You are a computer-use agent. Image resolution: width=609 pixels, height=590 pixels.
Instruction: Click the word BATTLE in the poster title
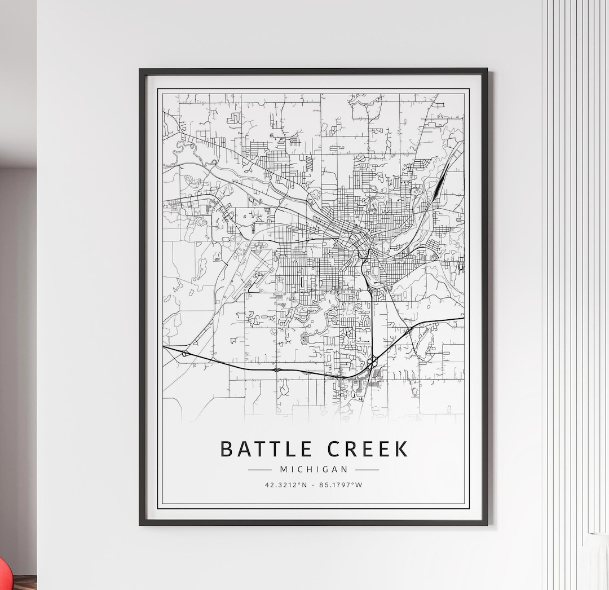(x=266, y=449)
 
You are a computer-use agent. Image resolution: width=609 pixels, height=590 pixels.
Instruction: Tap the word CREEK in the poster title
(x=368, y=449)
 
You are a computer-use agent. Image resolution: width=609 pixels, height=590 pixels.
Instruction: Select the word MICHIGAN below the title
(x=314, y=469)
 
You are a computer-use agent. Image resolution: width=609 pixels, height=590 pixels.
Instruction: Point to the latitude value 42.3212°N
(x=286, y=485)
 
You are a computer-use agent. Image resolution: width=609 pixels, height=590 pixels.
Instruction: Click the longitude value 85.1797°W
(x=341, y=485)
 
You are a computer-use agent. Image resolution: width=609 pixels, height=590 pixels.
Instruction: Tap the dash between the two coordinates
(x=314, y=485)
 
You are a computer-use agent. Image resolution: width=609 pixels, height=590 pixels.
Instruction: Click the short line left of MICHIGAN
(x=260, y=469)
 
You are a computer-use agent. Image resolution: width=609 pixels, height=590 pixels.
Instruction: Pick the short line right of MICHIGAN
(x=367, y=469)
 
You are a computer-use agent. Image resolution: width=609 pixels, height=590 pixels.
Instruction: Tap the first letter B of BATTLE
(x=226, y=449)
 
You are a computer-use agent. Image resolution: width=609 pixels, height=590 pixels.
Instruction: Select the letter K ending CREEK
(x=401, y=449)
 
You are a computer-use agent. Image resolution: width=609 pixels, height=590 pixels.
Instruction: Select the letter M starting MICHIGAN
(x=284, y=469)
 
